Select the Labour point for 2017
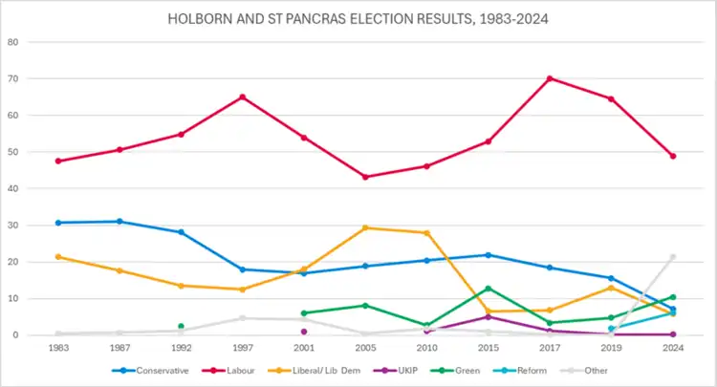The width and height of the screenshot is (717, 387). pos(550,78)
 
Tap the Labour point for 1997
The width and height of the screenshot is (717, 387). pos(242,97)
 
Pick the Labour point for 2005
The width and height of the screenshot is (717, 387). pos(365,177)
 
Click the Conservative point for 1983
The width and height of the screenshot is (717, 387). pos(58,223)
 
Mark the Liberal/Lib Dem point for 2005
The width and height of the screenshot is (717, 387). pos(365,227)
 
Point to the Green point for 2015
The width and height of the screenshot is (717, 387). pos(489,289)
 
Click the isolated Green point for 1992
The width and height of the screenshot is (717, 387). pos(181,326)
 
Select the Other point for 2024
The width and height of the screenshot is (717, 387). pos(673,256)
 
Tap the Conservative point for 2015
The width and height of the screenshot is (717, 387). pos(489,255)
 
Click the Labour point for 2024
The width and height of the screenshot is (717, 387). pos(673,156)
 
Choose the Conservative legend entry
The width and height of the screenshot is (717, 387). pos(153,370)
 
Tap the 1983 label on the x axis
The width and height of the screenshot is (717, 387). pos(58,347)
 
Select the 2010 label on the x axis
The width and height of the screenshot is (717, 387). pos(426,347)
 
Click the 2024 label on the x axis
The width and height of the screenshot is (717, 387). pos(673,347)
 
